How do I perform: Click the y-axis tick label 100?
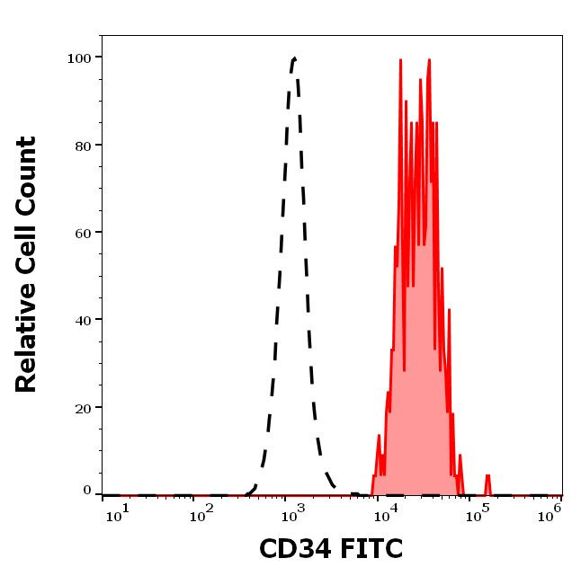click(80, 58)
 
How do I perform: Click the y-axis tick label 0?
click(87, 491)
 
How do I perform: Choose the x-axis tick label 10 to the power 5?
click(481, 511)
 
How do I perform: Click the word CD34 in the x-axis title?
click(295, 548)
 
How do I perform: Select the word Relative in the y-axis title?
click(27, 346)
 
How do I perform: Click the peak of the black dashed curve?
click(294, 59)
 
